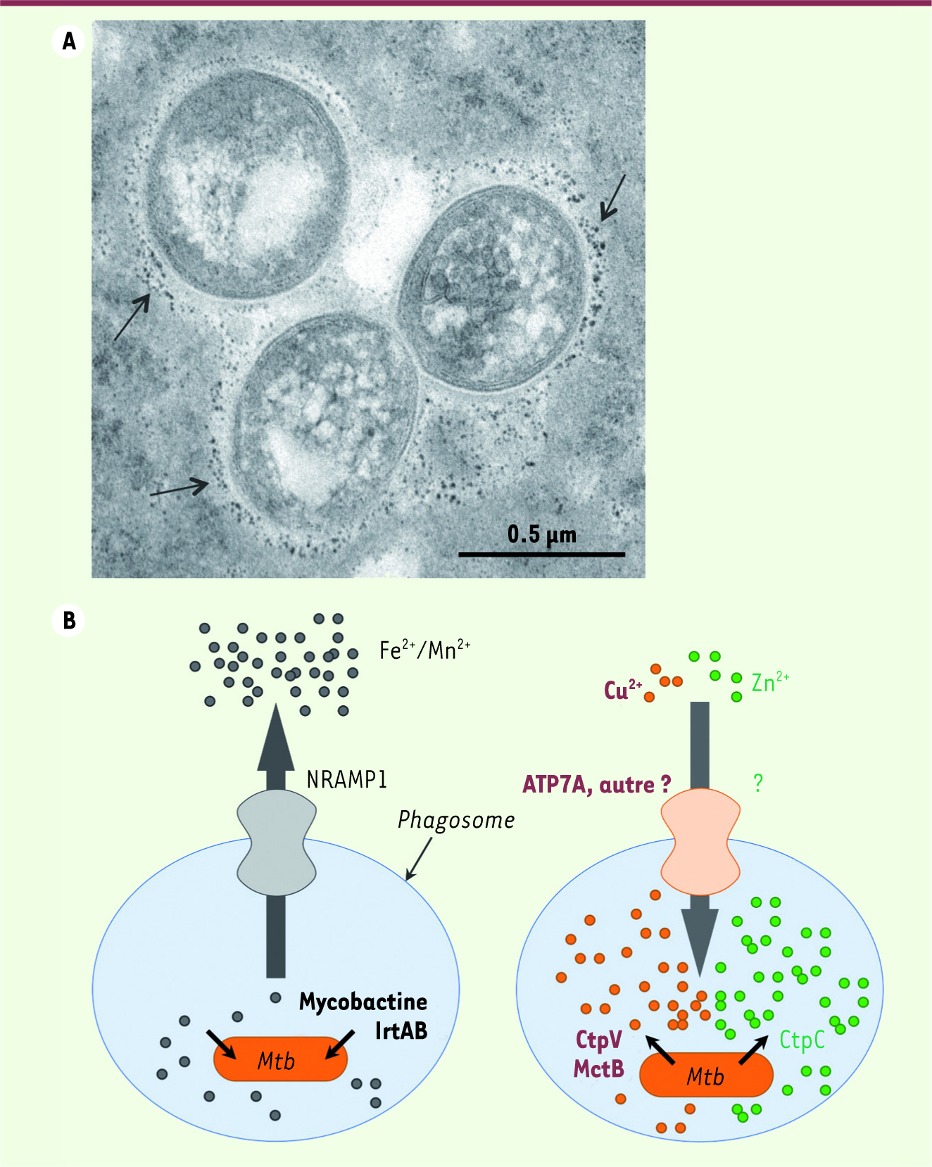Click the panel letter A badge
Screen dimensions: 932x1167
[x=68, y=42]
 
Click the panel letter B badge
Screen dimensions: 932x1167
[x=68, y=620]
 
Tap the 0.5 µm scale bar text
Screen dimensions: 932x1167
[x=541, y=535]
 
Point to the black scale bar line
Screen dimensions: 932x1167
[x=541, y=555]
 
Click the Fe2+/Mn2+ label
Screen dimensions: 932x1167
[x=424, y=649]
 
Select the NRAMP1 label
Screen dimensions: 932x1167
[x=347, y=779]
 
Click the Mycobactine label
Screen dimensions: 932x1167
[x=363, y=1002]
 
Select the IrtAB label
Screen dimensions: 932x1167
[x=401, y=1030]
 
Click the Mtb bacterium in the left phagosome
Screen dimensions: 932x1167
[x=280, y=1059]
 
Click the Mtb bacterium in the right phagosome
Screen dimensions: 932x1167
[x=706, y=1075]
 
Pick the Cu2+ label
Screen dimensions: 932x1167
[x=623, y=689]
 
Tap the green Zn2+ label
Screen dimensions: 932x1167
[x=770, y=681]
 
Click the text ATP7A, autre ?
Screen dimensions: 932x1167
[x=596, y=784]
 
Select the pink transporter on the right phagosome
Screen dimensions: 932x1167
[x=700, y=842]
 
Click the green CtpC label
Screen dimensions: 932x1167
[x=802, y=1040]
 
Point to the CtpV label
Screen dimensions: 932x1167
[x=599, y=1040]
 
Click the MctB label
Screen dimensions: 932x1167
[x=599, y=1068]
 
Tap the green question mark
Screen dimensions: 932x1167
[x=758, y=783]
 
